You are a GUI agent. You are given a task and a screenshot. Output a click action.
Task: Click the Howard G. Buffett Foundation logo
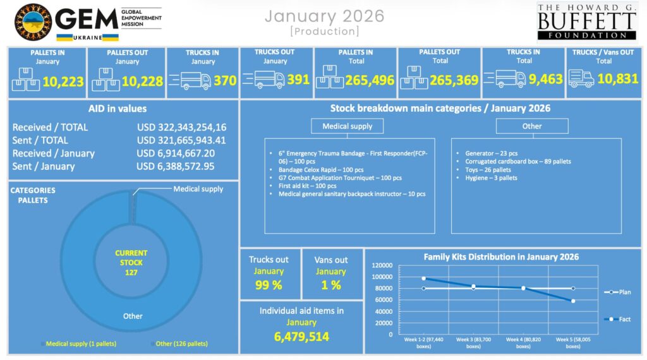tap(586, 21)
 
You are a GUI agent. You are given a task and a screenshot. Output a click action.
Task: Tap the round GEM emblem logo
tap(33, 22)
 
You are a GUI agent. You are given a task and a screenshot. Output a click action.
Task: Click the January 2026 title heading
tap(324, 16)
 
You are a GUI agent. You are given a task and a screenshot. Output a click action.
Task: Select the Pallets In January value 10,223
tap(62, 81)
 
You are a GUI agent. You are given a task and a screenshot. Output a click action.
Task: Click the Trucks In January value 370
tap(225, 81)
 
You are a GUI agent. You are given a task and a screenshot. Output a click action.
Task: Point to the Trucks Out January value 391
tap(298, 80)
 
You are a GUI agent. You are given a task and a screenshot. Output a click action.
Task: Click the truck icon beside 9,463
tap(511, 79)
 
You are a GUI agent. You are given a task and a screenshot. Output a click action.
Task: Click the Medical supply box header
tap(348, 126)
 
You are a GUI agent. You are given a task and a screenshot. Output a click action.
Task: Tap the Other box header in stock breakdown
tap(531, 126)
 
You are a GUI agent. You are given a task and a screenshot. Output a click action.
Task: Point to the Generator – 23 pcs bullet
tap(492, 153)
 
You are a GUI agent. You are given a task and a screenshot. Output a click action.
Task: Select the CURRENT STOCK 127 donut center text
tap(131, 262)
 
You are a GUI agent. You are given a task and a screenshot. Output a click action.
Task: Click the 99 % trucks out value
tap(268, 285)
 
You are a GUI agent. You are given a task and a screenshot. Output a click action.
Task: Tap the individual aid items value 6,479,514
tap(301, 337)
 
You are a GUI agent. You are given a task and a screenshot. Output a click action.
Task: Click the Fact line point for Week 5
tap(572, 301)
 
